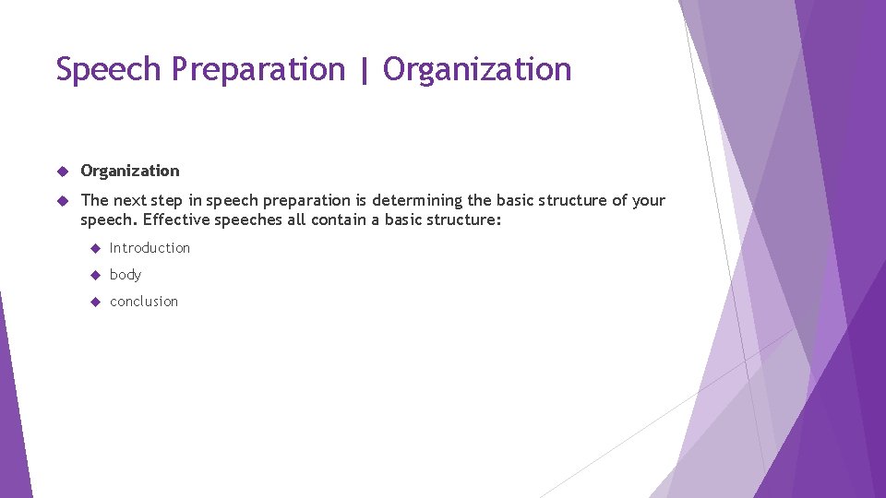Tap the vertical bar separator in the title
coord(364,69)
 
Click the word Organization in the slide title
coord(477,69)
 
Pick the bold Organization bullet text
coord(130,171)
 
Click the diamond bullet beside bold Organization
coord(63,171)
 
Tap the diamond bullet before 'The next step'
coord(63,200)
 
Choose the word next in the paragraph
coord(130,200)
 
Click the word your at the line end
coord(649,200)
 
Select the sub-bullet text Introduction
coord(150,248)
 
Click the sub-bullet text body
coord(126,275)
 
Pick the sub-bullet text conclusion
coord(144,302)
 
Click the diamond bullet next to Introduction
coord(94,248)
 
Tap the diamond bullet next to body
coord(94,275)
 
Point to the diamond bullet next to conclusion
coord(94,302)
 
